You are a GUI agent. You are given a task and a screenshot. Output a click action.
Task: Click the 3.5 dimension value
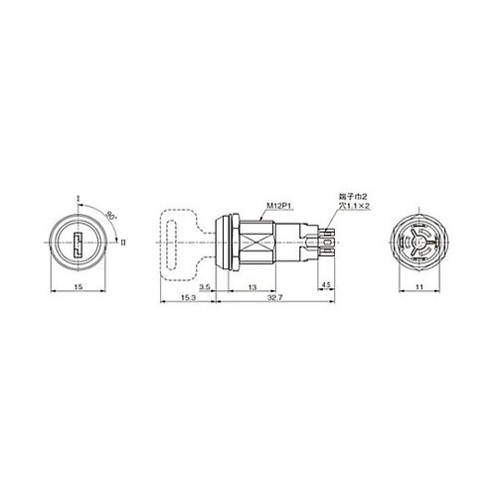click(x=206, y=287)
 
